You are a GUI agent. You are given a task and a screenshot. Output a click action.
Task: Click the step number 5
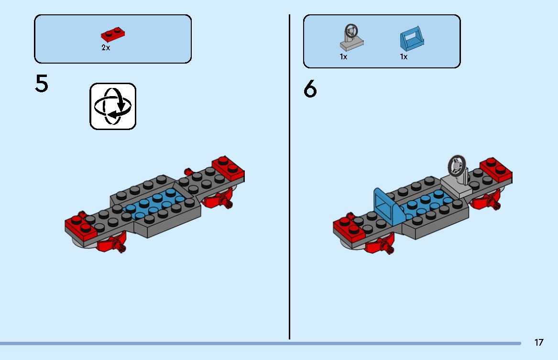point(41,84)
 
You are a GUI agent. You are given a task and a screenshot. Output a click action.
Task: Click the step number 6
point(310,88)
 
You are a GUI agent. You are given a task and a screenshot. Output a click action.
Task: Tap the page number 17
point(539,342)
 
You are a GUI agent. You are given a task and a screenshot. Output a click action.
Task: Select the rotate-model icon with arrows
point(113,106)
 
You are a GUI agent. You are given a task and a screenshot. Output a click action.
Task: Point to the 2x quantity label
point(106,48)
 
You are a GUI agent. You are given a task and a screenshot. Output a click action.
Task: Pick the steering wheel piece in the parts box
point(351,37)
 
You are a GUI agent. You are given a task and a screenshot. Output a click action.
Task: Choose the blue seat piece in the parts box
point(412,38)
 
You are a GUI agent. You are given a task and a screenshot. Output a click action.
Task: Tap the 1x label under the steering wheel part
point(343,57)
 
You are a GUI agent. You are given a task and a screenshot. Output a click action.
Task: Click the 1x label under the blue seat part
point(404,57)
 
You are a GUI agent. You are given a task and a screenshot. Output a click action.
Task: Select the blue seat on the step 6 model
point(388,207)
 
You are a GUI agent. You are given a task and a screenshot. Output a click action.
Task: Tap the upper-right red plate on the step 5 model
point(228,168)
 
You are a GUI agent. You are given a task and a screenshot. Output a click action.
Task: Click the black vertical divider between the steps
point(289,177)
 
